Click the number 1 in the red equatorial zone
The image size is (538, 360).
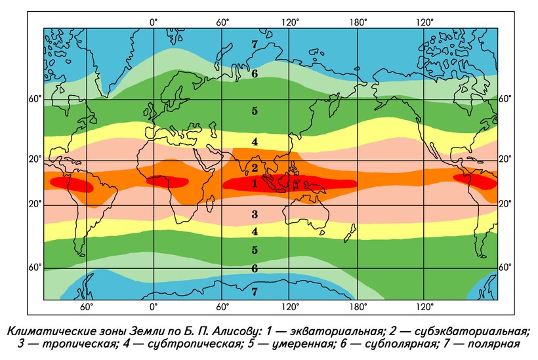pyautogui.click(x=255, y=184)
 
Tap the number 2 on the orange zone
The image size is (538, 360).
pyautogui.click(x=255, y=169)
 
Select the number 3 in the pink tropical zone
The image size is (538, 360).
pyautogui.click(x=255, y=214)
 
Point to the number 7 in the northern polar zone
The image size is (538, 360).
pyautogui.click(x=255, y=44)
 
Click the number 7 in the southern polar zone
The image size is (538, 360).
pyautogui.click(x=255, y=290)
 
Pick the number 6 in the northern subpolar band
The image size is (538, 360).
pyautogui.click(x=255, y=73)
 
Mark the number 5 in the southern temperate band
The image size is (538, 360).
pyautogui.click(x=255, y=249)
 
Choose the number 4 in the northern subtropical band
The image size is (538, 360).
pyautogui.click(x=255, y=142)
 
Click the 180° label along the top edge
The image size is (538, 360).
pyautogui.click(x=358, y=22)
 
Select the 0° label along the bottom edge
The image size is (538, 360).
pyautogui.click(x=154, y=306)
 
